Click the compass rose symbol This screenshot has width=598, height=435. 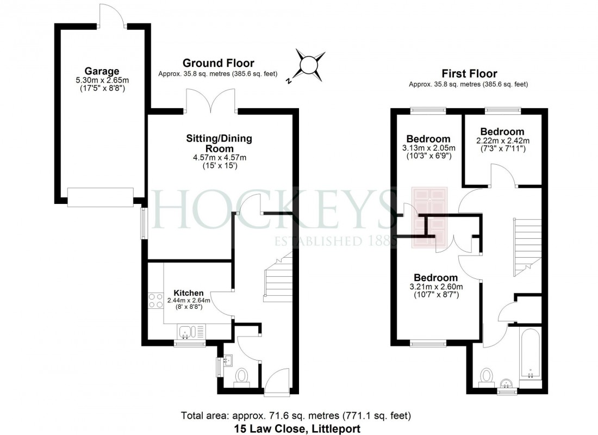click(308, 65)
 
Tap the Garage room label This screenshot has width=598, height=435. click(102, 71)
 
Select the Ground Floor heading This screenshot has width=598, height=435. click(218, 64)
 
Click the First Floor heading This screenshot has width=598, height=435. click(469, 74)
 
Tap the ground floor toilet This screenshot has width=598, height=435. click(241, 376)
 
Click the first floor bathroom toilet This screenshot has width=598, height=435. click(487, 376)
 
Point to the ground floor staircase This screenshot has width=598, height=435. click(277, 277)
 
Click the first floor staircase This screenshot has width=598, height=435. click(526, 247)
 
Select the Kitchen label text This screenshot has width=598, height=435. click(189, 293)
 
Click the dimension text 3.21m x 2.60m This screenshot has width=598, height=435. click(436, 287)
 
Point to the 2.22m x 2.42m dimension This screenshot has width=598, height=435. click(502, 141)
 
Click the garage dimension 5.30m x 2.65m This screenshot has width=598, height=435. click(102, 80)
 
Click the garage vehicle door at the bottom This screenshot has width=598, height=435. click(101, 197)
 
